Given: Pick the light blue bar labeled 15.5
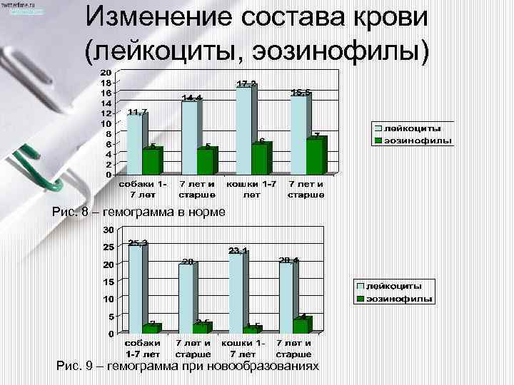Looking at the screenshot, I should pyautogui.click(x=298, y=135).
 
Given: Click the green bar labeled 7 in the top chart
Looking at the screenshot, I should pyautogui.click(x=314, y=157).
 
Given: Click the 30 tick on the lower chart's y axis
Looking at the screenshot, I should pyautogui.click(x=108, y=230).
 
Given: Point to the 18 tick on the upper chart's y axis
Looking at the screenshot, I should pyautogui.click(x=105, y=83).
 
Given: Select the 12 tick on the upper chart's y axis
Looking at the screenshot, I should pyautogui.click(x=105, y=113).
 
